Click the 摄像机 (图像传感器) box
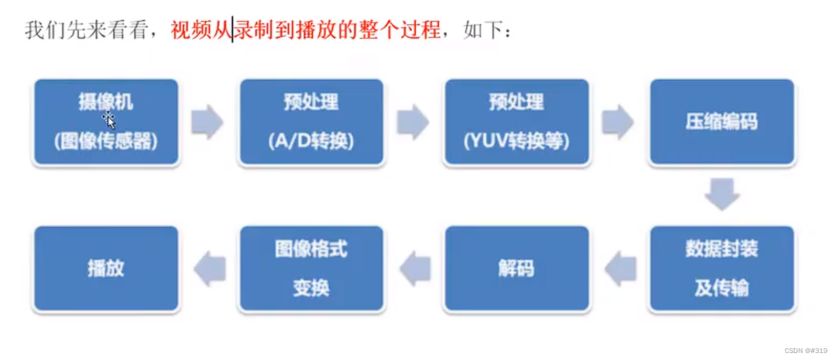(x=106, y=123)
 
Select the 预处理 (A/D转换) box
(x=311, y=123)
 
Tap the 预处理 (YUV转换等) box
(x=516, y=123)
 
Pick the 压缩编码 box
(x=721, y=123)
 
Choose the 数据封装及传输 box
(x=721, y=269)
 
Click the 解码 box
(x=516, y=269)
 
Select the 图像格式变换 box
(x=311, y=269)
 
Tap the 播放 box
(x=106, y=269)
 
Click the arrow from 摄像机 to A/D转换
(x=207, y=123)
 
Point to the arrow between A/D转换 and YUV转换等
(x=412, y=123)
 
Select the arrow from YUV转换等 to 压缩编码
(x=617, y=123)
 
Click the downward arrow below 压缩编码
(x=721, y=194)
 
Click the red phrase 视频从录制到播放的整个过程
(x=306, y=30)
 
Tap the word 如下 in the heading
(x=479, y=30)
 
